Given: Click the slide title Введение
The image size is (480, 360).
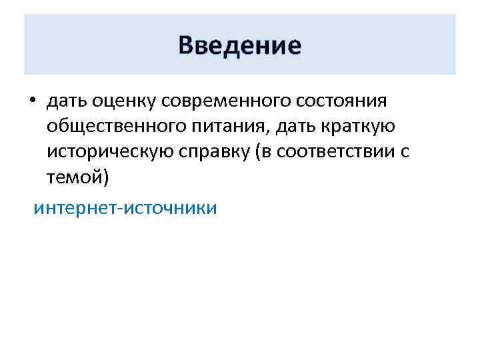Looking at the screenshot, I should point(240,46).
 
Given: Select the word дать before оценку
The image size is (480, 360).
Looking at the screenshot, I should point(65,101).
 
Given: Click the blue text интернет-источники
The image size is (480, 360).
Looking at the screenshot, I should point(125,208).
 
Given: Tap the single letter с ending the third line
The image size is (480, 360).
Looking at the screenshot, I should point(405,153).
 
